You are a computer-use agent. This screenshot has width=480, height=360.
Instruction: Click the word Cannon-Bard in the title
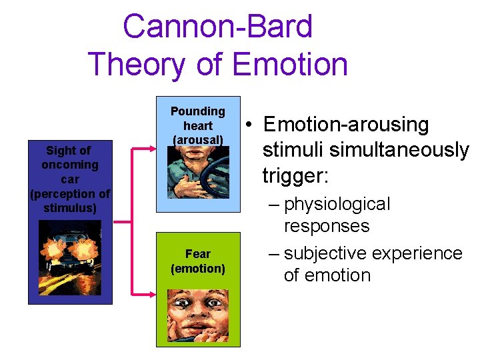(x=217, y=27)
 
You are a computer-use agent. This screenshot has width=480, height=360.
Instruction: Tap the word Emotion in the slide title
(x=290, y=65)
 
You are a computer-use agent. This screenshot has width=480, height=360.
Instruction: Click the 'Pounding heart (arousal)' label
(x=197, y=125)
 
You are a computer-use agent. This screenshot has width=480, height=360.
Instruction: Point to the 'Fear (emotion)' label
(x=197, y=261)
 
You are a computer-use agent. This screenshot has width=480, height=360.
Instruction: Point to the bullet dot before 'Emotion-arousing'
(x=247, y=125)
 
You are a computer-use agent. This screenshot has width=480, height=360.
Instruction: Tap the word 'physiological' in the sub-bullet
(x=337, y=204)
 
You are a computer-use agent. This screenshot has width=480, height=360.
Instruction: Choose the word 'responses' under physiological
(x=326, y=226)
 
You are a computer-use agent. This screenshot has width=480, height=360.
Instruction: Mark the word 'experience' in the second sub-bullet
(x=418, y=253)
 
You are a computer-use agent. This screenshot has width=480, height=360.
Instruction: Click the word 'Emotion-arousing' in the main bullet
(x=346, y=125)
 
